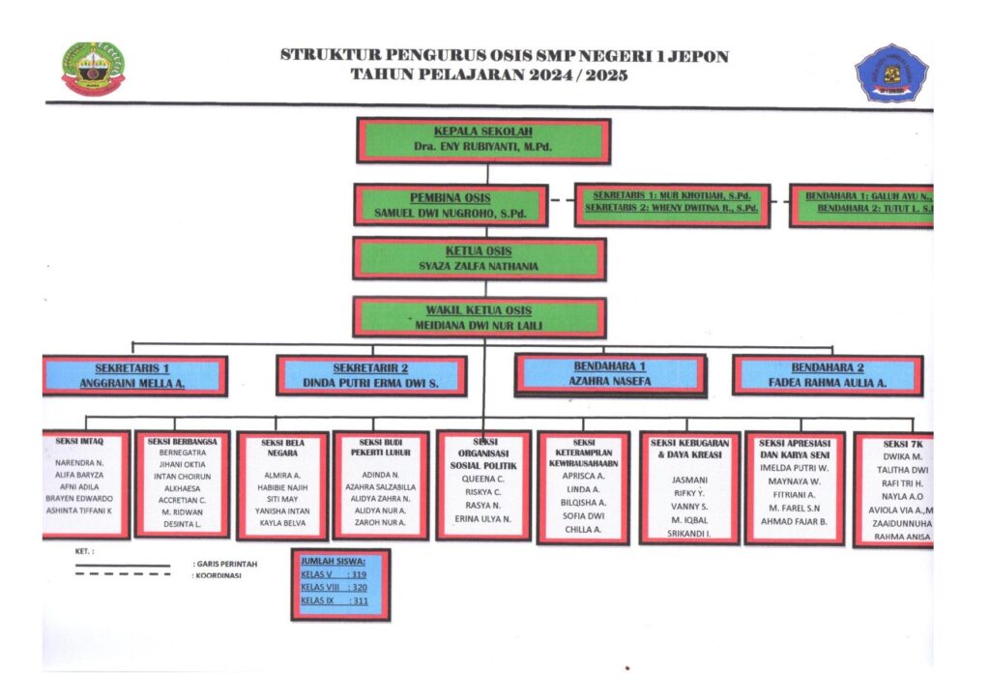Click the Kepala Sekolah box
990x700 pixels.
pyautogui.click(x=483, y=140)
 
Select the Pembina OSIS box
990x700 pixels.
pyautogui.click(x=451, y=204)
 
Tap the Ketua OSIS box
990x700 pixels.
pyautogui.click(x=479, y=258)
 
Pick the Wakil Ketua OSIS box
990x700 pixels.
pyautogui.click(x=479, y=317)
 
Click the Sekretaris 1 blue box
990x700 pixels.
pyautogui.click(x=133, y=375)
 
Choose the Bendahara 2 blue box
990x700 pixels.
pyautogui.click(x=828, y=375)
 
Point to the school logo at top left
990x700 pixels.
pyautogui.click(x=94, y=69)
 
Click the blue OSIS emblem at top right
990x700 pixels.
pyautogui.click(x=890, y=73)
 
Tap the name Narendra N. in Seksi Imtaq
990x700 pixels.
pyautogui.click(x=80, y=463)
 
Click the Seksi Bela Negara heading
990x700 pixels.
pyautogui.click(x=283, y=449)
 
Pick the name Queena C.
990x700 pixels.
pyautogui.click(x=482, y=478)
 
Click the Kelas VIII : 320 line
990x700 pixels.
pyautogui.click(x=335, y=587)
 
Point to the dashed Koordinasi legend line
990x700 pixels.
pyautogui.click(x=122, y=574)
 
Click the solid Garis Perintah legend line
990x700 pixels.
pyautogui.click(x=122, y=564)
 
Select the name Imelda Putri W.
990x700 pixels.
pyautogui.click(x=794, y=464)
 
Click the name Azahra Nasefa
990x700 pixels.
pyautogui.click(x=609, y=381)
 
